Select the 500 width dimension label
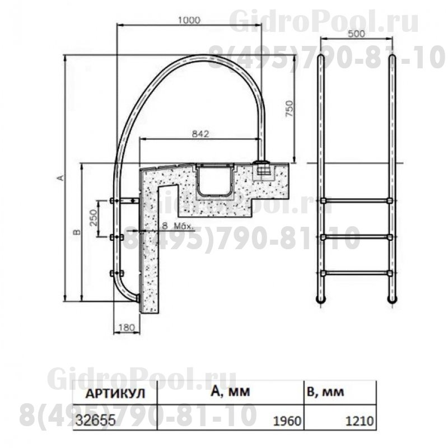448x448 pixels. (356, 33)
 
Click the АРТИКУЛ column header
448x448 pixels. (114, 393)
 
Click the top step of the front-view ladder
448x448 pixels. (356, 200)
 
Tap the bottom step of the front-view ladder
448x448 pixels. (356, 274)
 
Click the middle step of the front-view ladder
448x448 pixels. (356, 237)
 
